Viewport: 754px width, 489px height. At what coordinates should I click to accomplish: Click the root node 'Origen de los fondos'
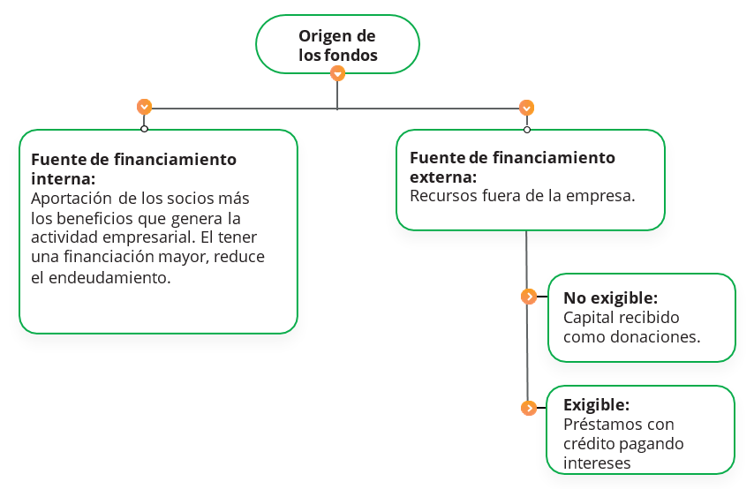click(337, 44)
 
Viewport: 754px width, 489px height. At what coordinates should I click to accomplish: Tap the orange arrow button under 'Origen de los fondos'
click(337, 73)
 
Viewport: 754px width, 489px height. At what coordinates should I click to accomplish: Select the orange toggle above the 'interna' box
click(144, 106)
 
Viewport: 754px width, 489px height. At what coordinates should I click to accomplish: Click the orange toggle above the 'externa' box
click(526, 108)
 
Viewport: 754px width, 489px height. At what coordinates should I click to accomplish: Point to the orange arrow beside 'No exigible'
click(529, 297)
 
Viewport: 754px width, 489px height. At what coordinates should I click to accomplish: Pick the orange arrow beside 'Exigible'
click(529, 408)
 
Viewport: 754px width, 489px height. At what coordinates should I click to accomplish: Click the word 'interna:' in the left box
click(64, 179)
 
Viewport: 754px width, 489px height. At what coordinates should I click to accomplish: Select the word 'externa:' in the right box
click(443, 177)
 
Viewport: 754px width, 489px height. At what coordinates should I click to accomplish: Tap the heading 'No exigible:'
click(611, 298)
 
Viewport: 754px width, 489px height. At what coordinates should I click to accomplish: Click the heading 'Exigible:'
click(596, 405)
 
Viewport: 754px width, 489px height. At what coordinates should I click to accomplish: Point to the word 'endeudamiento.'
click(110, 277)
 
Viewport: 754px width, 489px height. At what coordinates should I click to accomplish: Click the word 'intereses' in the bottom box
click(597, 463)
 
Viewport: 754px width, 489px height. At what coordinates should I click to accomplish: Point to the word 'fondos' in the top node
click(357, 56)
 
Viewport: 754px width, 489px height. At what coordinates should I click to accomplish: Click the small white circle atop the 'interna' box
click(144, 129)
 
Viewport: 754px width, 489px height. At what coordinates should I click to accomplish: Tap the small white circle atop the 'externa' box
click(527, 130)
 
